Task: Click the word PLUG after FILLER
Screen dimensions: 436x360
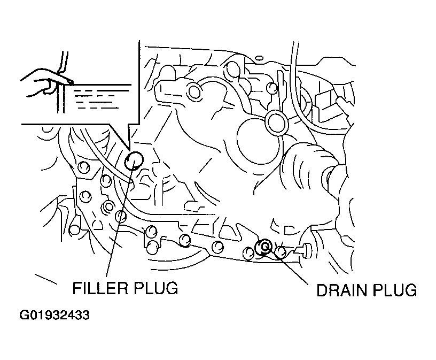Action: [155, 288]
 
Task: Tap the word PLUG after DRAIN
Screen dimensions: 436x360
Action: [395, 290]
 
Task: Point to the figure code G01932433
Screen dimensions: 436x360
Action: [54, 316]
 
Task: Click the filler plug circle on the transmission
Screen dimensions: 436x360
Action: [134, 160]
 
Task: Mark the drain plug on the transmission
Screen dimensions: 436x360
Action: [263, 247]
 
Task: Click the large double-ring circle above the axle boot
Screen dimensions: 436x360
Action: [276, 122]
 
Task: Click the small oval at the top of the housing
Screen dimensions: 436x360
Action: [259, 58]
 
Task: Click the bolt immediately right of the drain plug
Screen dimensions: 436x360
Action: [281, 251]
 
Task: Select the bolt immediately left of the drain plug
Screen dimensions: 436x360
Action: [248, 253]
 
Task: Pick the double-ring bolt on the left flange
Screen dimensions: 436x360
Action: [108, 206]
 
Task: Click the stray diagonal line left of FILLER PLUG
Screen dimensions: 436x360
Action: [46, 279]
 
